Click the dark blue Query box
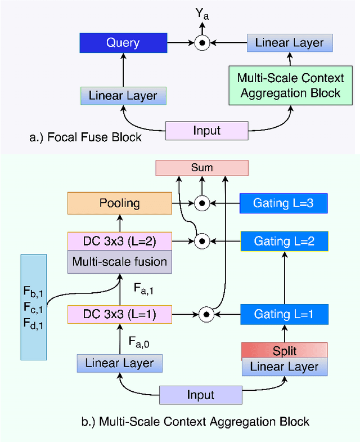pos(123,43)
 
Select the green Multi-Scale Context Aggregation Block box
pos(290,85)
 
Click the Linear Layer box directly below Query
pos(123,96)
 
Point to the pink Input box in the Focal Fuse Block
pos(206,131)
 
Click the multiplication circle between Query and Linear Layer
pos(202,43)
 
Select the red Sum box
pos(201,167)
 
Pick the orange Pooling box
pos(119,203)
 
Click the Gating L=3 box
pos(283,203)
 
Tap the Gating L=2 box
pos(283,241)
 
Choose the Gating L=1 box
pos(283,314)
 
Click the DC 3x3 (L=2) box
pos(119,241)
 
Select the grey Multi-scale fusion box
pos(119,262)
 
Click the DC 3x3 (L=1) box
pos(119,314)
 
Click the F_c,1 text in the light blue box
pos(33,307)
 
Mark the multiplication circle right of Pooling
pos(202,204)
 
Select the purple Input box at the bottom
pos(201,395)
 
